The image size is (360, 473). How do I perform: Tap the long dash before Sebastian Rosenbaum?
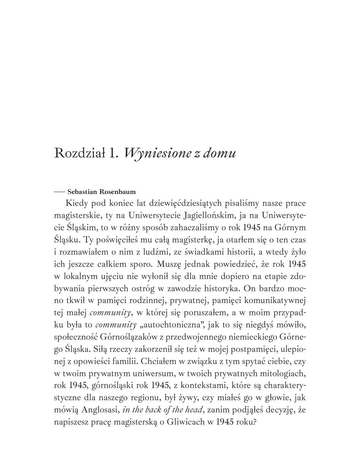59,192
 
